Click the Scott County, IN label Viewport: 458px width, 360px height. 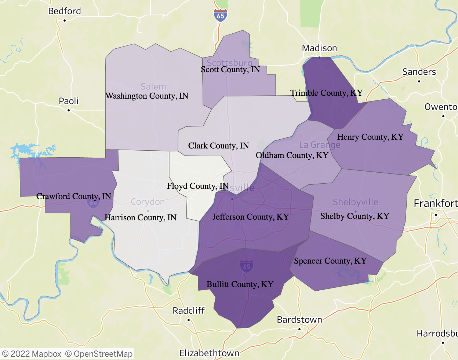point(230,70)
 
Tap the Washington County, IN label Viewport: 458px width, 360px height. point(147,96)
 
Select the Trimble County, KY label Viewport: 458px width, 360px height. point(326,93)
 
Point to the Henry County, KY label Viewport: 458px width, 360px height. point(370,137)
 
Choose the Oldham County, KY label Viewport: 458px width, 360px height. point(292,155)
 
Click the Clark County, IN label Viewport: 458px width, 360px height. point(218,146)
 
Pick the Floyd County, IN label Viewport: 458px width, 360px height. point(197,186)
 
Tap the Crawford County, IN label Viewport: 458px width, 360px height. point(73,196)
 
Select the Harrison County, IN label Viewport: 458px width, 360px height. point(140,218)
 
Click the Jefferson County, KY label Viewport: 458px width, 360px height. point(250,217)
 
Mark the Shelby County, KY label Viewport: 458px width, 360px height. point(355,216)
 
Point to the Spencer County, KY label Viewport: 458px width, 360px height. point(330,261)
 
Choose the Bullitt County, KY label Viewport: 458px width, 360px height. point(240,284)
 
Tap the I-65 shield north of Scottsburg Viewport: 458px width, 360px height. point(220,16)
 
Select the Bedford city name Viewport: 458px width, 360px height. point(65,11)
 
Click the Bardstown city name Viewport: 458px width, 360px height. point(299,320)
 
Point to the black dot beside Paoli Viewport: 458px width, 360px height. point(69,110)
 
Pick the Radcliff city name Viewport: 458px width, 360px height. point(189,311)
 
